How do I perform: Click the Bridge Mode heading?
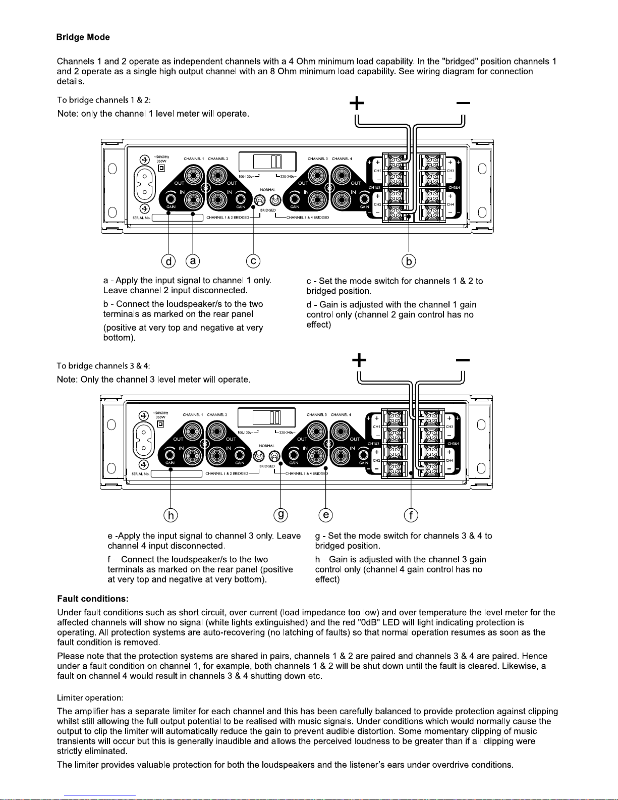click(83, 37)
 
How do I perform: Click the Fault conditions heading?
click(93, 599)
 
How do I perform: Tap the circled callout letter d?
click(168, 261)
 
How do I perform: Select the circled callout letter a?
click(193, 261)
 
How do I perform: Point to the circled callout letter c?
click(253, 261)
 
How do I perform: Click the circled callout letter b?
click(409, 261)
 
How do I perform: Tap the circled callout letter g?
click(280, 515)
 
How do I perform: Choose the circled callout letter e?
click(326, 515)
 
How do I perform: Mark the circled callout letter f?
click(412, 515)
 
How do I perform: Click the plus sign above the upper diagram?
click(357, 103)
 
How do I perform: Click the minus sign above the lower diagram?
click(463, 360)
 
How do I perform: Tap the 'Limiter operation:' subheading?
click(90, 698)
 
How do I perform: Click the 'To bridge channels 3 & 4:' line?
click(103, 365)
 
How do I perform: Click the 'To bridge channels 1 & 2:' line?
click(104, 100)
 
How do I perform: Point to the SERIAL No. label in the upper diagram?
click(141, 218)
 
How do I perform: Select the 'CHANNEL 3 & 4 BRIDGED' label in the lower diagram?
click(307, 473)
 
